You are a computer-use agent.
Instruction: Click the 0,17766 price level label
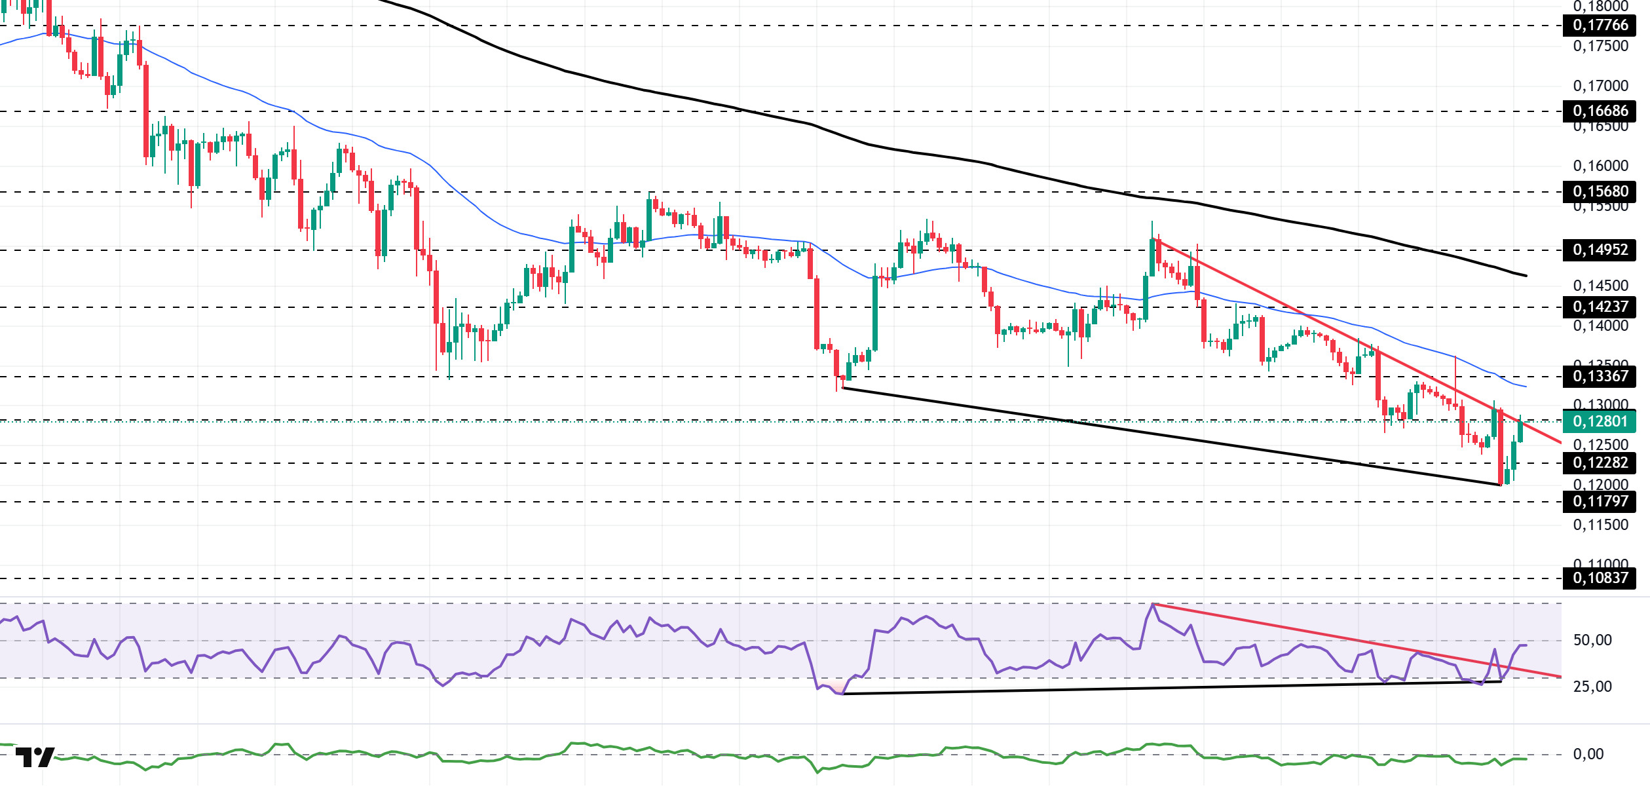[x=1600, y=26]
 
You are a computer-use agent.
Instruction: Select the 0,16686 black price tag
[x=1600, y=111]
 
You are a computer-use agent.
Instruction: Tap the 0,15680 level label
[x=1600, y=191]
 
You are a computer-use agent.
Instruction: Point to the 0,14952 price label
[x=1600, y=250]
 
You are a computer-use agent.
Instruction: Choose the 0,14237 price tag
[x=1600, y=307]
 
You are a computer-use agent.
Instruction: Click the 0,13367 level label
[x=1600, y=376]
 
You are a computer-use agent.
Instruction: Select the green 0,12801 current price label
[x=1600, y=421]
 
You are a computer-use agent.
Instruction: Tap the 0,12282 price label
[x=1600, y=463]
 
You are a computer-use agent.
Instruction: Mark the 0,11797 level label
[x=1600, y=501]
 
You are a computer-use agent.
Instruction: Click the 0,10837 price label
[x=1600, y=578]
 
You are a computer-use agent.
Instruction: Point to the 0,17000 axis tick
[x=1600, y=86]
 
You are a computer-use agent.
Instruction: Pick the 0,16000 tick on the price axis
[x=1600, y=166]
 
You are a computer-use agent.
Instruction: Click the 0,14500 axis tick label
[x=1600, y=286]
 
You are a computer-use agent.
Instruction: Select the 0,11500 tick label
[x=1600, y=525]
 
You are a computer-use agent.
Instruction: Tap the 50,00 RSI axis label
[x=1592, y=640]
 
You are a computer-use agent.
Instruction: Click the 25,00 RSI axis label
[x=1592, y=687]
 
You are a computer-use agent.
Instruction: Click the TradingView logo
[x=35, y=757]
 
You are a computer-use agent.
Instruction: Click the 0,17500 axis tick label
[x=1600, y=46]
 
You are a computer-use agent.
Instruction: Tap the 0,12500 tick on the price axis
[x=1600, y=445]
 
